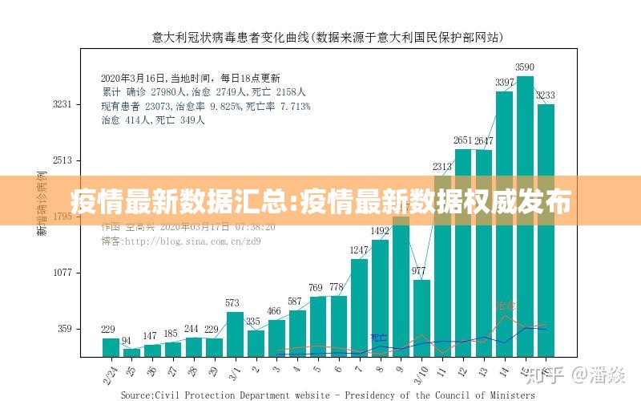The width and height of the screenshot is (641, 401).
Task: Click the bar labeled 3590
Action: [x=525, y=217]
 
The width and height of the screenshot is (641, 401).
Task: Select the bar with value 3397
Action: [x=504, y=225]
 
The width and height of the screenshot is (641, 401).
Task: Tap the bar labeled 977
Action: [x=421, y=318]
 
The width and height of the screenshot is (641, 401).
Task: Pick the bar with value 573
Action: [x=234, y=334]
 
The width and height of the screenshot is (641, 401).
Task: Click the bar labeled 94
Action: [x=131, y=352]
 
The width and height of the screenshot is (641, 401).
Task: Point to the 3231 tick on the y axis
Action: [x=62, y=104]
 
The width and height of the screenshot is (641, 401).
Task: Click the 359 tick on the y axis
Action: [x=64, y=328]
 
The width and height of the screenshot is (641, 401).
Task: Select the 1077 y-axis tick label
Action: [x=62, y=273]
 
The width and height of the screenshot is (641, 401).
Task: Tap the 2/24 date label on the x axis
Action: [x=108, y=372]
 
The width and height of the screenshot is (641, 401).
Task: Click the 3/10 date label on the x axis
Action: [x=418, y=372]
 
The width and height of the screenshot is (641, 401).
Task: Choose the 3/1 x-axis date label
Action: [x=233, y=372]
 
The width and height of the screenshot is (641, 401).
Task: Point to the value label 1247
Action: [x=359, y=250]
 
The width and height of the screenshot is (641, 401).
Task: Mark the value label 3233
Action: [x=546, y=95]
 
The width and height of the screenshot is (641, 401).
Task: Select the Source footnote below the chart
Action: [x=328, y=395]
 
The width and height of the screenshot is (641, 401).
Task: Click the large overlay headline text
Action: [x=320, y=202]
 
